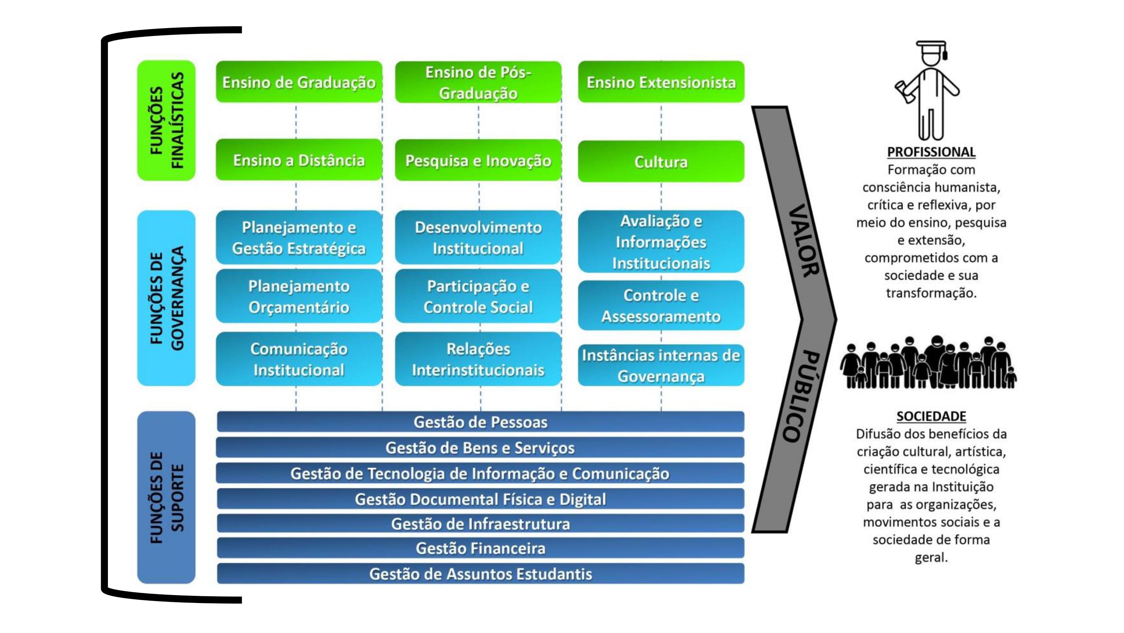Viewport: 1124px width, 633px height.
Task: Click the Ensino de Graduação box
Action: pos(299,82)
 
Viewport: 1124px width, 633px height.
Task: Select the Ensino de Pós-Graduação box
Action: pos(478,82)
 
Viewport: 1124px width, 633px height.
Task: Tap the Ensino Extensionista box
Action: pos(661,82)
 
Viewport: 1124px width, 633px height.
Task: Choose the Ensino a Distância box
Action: pos(299,160)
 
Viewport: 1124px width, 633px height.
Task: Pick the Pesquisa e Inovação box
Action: pos(478,160)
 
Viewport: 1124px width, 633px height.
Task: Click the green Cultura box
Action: pos(661,162)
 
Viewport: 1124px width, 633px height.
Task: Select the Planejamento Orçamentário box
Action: pos(299,297)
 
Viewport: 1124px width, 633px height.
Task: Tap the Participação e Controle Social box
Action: pos(478,297)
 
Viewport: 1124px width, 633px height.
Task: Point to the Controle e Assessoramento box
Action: pos(661,305)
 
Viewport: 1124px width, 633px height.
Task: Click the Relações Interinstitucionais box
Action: pos(478,359)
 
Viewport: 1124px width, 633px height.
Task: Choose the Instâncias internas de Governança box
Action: pos(661,366)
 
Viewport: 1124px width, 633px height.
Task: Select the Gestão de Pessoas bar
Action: pos(480,422)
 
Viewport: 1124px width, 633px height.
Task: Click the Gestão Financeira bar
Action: pos(480,548)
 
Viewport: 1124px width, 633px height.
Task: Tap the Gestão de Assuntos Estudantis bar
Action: pos(480,574)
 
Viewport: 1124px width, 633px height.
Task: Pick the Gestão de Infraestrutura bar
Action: pos(480,523)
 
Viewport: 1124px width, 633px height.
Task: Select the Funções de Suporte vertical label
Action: pos(166,498)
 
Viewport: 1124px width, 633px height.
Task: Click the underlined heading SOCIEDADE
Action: pos(931,416)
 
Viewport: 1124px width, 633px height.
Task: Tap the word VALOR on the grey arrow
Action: pos(804,240)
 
